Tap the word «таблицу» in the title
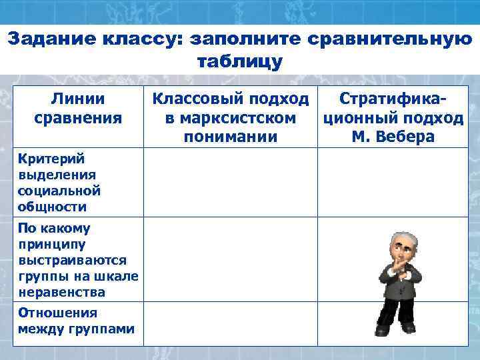tap(240, 62)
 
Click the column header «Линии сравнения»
tap(77, 109)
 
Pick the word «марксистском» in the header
tap(230, 119)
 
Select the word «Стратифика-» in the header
tap(393, 100)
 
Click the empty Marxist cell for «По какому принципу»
tap(230, 261)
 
